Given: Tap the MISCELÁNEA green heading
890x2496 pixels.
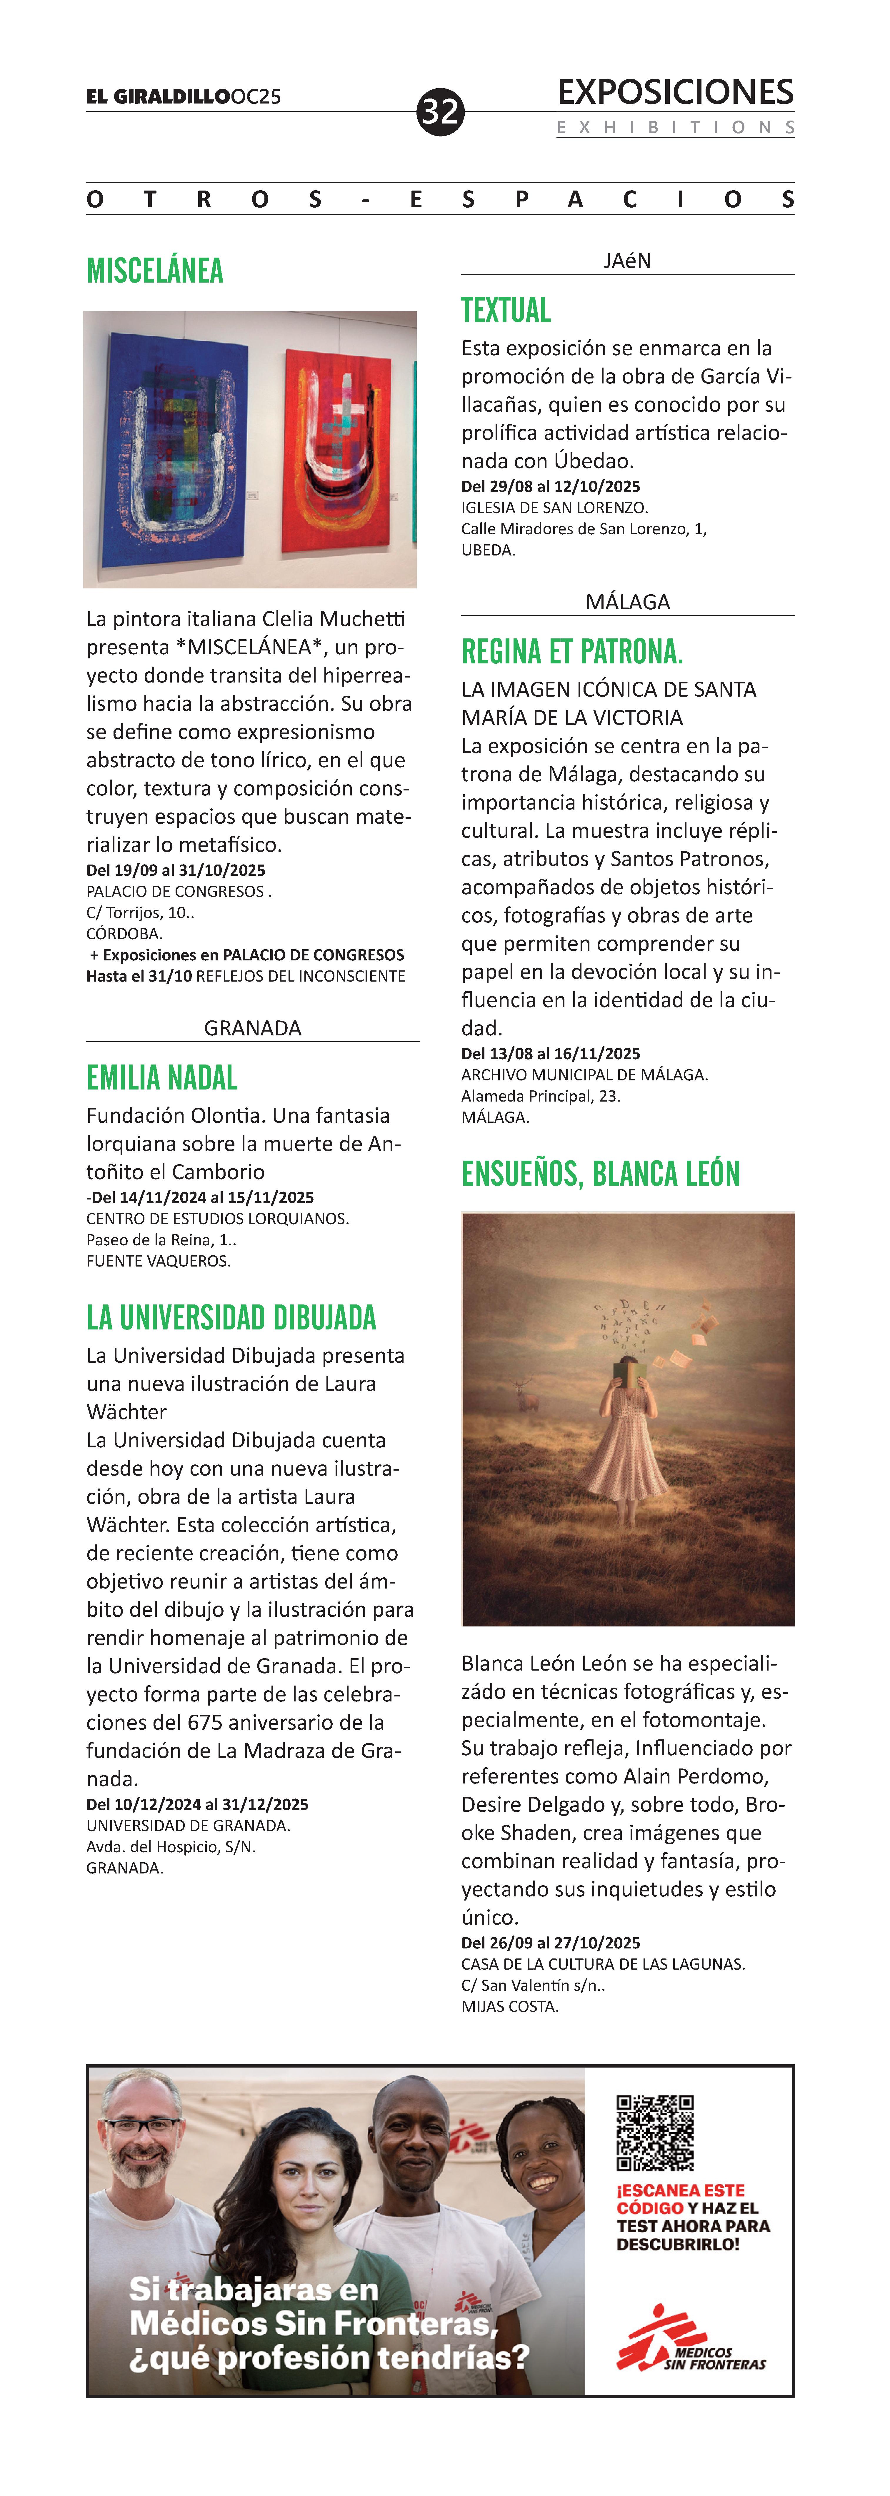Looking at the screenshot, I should [x=155, y=270].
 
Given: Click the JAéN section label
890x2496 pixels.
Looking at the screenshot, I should [x=627, y=261].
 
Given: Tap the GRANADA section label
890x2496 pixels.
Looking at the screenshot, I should [x=252, y=1028].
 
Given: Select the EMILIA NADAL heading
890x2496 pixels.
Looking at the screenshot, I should [x=162, y=1077].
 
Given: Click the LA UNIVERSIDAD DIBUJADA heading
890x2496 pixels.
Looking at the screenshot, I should [x=232, y=1318].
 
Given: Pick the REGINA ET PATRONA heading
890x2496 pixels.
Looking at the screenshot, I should [x=572, y=652].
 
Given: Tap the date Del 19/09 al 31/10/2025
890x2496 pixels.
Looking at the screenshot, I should [x=176, y=870].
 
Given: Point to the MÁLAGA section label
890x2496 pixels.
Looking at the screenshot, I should [x=627, y=602].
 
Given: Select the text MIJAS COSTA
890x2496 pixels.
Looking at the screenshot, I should [x=510, y=2007].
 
